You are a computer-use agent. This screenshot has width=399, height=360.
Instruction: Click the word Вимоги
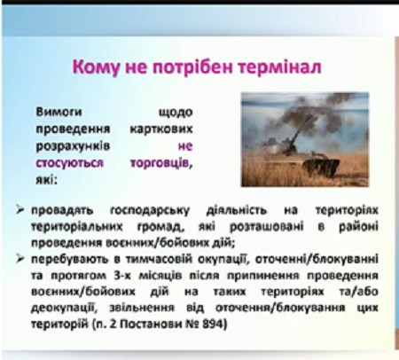pos(59,113)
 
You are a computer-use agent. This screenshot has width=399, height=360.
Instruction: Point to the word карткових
pos(161,129)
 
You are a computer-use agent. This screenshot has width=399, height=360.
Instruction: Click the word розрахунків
pos(73,146)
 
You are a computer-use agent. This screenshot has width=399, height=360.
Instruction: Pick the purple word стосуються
pos(69,163)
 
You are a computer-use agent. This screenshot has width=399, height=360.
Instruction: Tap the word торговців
pos(161,163)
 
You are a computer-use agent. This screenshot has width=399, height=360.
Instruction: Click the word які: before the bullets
pos(46,180)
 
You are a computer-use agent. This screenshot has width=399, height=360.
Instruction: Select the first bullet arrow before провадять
pos(20,210)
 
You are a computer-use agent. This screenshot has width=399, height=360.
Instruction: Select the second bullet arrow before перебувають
pos(20,259)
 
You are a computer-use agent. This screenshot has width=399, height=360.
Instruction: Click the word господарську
pos(150,211)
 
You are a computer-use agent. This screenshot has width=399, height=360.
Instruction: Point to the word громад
pos(160,227)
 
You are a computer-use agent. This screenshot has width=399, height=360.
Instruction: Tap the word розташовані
pos(266,227)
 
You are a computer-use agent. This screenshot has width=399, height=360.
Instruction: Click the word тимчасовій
pos(158,259)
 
